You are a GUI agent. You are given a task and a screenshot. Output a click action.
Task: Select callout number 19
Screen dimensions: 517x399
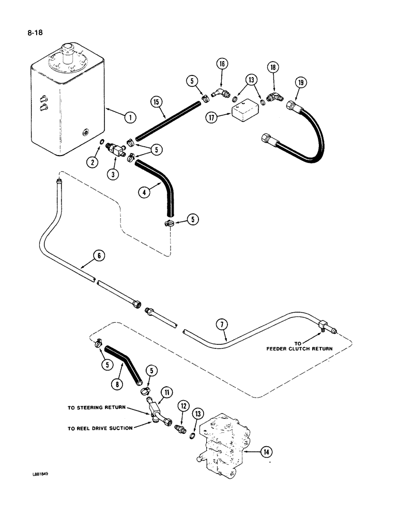301,82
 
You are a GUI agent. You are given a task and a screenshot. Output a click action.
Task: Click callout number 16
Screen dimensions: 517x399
221,64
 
